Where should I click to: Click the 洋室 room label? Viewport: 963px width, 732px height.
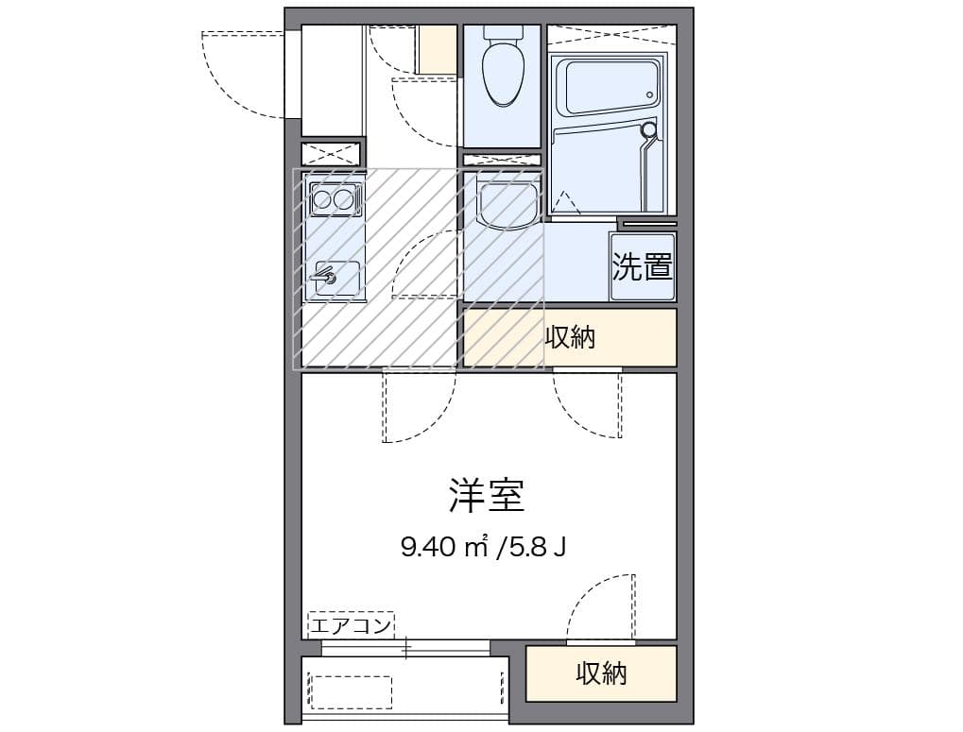point(486,495)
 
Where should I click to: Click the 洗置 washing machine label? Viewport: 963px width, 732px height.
point(643,267)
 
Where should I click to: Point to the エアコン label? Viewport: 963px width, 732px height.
point(351,624)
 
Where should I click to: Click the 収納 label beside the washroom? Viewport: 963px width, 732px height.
point(570,337)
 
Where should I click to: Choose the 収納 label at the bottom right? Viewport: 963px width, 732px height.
point(601,673)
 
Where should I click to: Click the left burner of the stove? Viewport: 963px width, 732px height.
point(322,199)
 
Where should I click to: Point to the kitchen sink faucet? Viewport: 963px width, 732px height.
point(325,277)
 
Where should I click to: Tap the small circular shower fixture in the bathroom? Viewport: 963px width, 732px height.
point(649,129)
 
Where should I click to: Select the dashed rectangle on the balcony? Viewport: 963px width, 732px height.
point(351,691)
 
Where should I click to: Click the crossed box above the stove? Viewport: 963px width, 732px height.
point(332,153)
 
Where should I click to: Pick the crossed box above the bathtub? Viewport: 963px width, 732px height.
point(611,36)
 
